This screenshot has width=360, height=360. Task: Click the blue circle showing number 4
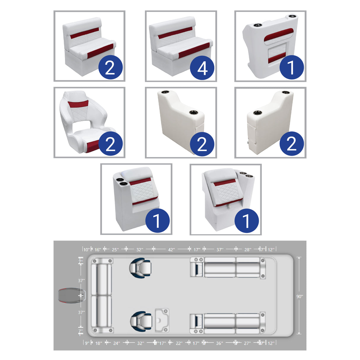point(202,68)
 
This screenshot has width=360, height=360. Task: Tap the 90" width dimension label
point(300,296)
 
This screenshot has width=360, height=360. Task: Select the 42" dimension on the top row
point(171,250)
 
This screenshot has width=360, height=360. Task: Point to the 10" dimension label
point(86,250)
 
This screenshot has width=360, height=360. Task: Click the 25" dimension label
point(115,250)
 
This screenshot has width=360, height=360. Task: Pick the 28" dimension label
point(248,250)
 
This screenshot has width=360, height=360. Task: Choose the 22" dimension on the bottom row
point(179,343)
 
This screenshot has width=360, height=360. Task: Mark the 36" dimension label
point(219,343)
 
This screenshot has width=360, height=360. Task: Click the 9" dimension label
point(87,343)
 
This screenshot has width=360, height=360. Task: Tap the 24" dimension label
point(117,343)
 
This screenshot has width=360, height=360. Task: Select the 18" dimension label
point(99,343)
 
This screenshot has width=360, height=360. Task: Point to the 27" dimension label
point(247,343)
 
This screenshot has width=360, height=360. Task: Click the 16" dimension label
point(98,250)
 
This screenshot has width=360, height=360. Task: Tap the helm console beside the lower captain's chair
point(162,320)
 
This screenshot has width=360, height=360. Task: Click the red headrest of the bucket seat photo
point(78,104)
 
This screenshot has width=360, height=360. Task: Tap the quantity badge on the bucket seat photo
point(110,144)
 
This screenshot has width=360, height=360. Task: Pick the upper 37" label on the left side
point(81,281)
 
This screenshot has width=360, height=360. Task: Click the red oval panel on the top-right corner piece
point(278,35)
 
